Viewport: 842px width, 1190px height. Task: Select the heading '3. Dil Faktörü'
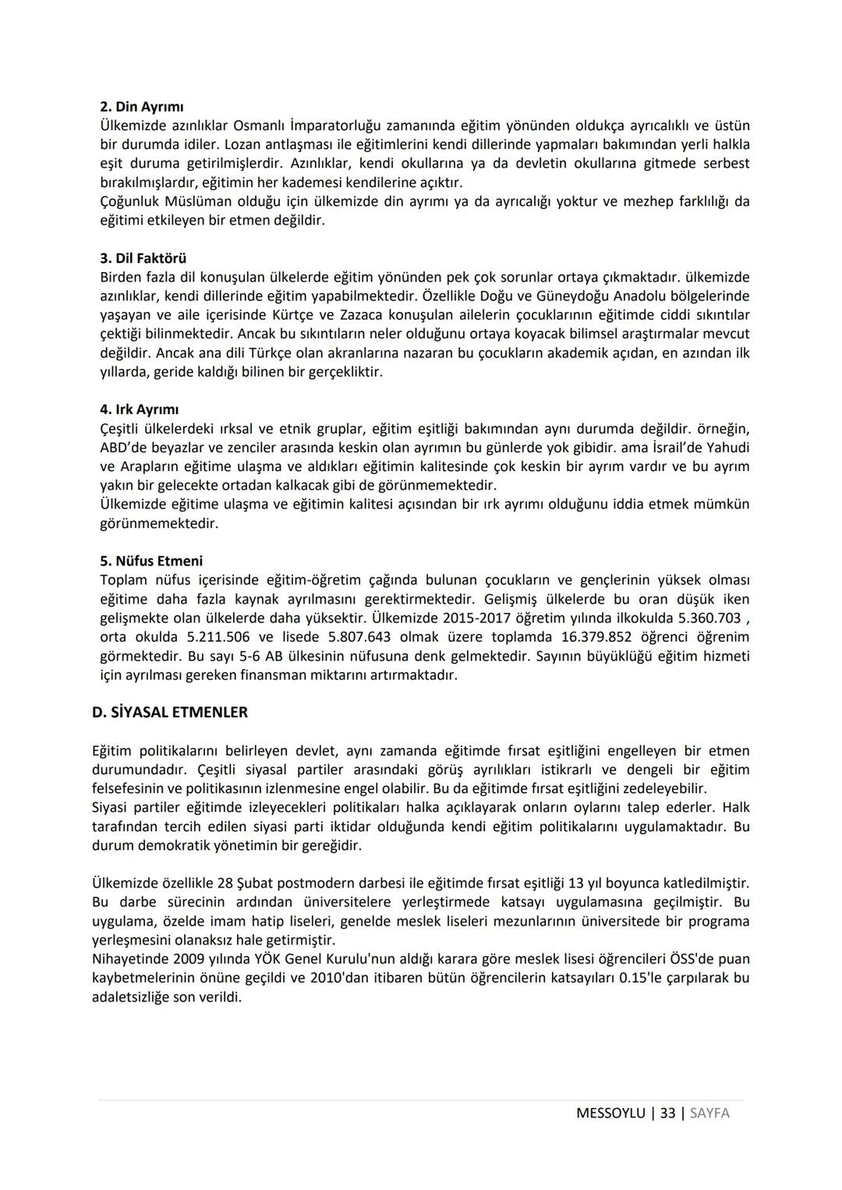point(143,258)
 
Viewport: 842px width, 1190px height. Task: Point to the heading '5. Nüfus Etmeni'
point(151,561)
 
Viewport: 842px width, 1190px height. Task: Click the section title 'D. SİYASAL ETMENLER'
point(169,712)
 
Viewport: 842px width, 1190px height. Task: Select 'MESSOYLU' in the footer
point(610,1113)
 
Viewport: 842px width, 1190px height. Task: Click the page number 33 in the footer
point(667,1113)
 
